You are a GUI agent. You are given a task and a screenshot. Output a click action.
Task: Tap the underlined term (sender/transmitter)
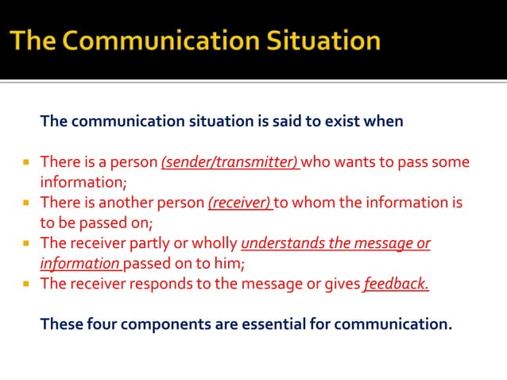pos(229,162)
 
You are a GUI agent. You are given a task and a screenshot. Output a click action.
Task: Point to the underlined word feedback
pos(396,283)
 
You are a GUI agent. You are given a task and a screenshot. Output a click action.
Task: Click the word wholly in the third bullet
pos(212,243)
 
